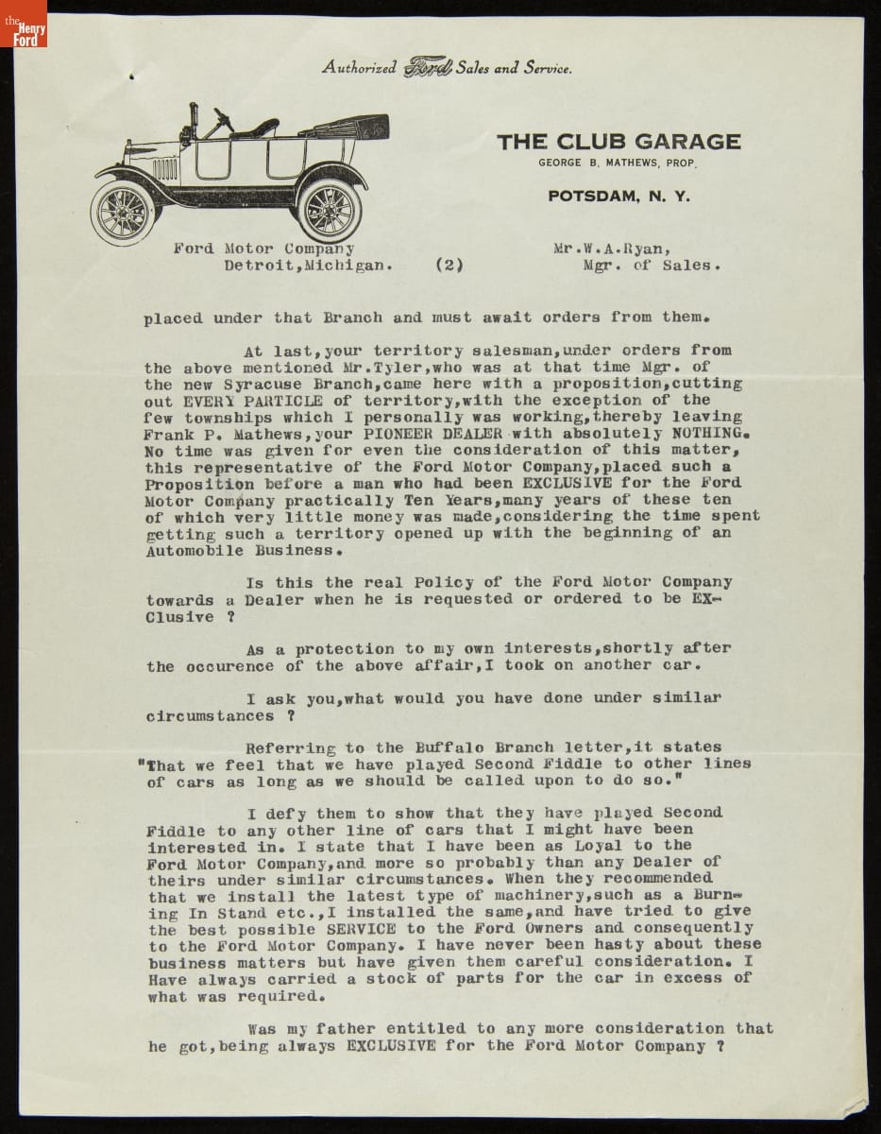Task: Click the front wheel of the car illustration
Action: (x=123, y=211)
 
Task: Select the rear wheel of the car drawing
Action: (x=330, y=208)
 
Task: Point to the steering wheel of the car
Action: (x=224, y=119)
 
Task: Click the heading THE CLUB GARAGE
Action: (x=618, y=142)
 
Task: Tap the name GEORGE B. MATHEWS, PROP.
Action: (x=618, y=163)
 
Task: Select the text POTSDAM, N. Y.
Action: (x=618, y=197)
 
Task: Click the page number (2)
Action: (x=449, y=266)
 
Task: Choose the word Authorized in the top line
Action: (x=359, y=67)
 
